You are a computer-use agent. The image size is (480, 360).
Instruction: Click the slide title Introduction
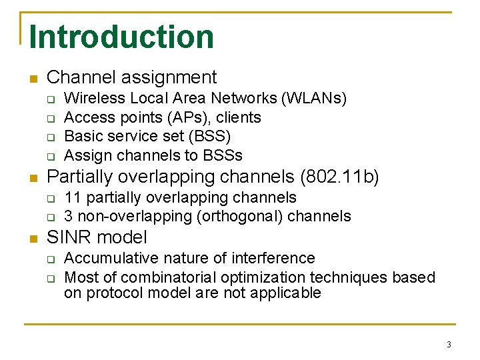[x=121, y=37]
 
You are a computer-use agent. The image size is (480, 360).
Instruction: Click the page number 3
[x=449, y=345]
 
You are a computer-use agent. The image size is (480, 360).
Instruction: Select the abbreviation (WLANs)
[x=314, y=99]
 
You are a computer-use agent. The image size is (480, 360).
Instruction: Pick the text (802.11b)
[x=340, y=177]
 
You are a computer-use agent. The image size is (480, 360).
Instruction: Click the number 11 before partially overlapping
[x=73, y=198]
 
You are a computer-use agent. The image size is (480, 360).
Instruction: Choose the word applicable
[x=289, y=293]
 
